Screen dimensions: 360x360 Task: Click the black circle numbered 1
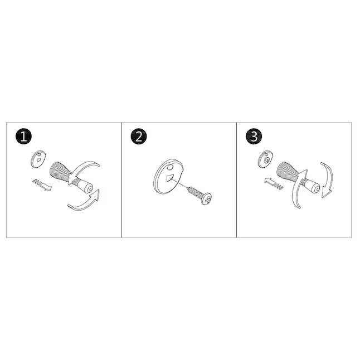(23, 137)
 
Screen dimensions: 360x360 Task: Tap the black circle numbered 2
(139, 137)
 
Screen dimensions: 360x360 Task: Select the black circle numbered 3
(254, 137)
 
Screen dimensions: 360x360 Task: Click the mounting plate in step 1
(38, 159)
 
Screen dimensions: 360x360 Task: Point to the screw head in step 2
(206, 199)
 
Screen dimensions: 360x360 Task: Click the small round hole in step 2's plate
(170, 168)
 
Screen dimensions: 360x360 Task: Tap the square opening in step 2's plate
(170, 178)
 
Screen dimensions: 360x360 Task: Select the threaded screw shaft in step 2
(194, 191)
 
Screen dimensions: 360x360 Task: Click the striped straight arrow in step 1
(42, 184)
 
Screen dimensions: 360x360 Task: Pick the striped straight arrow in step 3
(273, 183)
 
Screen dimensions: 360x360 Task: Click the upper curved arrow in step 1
(84, 169)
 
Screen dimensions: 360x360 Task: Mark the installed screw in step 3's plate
(266, 160)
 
